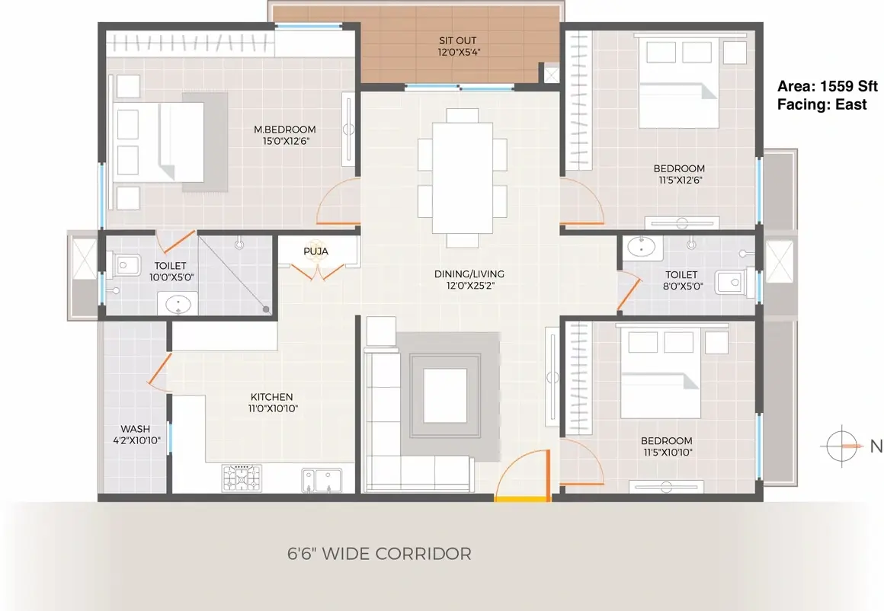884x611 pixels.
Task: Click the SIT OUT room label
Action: tap(457, 40)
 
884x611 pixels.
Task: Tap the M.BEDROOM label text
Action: tap(285, 129)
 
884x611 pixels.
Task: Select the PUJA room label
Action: tap(315, 251)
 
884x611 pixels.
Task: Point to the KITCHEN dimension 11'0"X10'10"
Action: tap(273, 408)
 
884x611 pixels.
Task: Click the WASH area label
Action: tap(136, 429)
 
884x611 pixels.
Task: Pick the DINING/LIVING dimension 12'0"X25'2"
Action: tap(469, 286)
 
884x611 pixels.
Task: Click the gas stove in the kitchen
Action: tap(242, 478)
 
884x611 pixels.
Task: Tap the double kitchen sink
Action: tap(321, 480)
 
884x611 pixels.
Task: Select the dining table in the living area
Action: tap(463, 178)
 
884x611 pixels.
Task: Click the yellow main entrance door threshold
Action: tap(521, 498)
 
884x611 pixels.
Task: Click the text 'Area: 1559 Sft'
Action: tap(828, 86)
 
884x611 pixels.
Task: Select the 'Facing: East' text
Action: tap(822, 104)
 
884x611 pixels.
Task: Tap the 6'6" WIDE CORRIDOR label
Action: tap(380, 554)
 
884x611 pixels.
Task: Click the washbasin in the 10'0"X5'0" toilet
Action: tap(177, 304)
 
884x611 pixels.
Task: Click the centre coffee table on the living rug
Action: tap(445, 395)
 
